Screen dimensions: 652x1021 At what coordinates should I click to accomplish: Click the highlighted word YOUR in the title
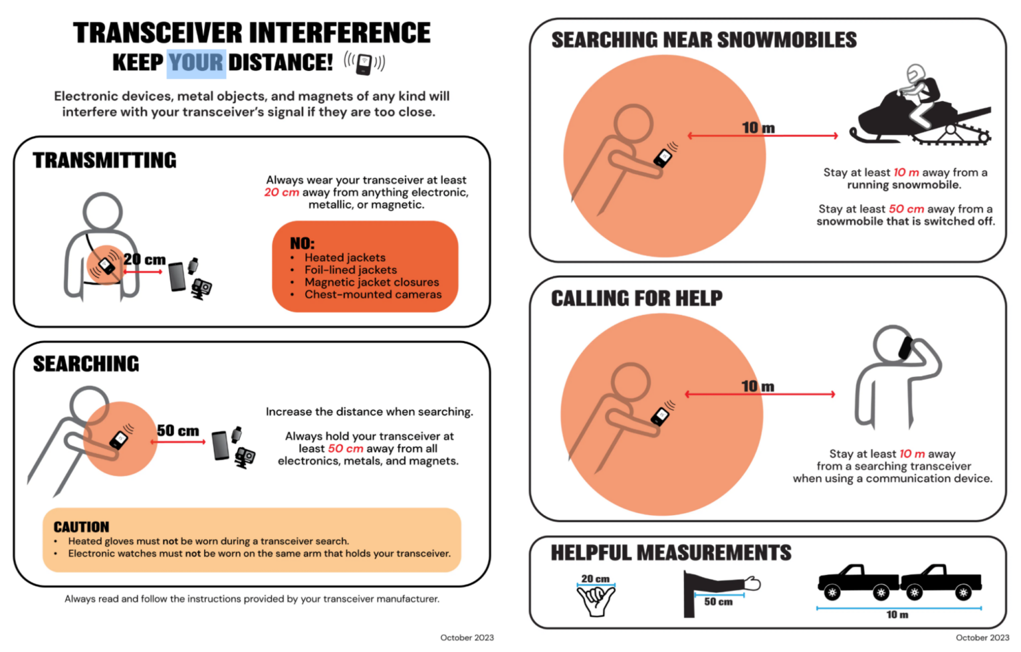(195, 63)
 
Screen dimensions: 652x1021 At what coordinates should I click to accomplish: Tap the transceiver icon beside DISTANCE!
(364, 64)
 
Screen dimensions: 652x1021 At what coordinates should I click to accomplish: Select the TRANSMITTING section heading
(105, 160)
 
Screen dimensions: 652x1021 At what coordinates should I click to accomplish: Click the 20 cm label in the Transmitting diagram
(144, 260)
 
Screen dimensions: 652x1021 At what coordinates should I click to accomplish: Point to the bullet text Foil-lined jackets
(350, 270)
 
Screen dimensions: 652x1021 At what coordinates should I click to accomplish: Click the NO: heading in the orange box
(302, 243)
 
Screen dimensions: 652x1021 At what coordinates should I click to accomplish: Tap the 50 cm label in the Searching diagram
(177, 431)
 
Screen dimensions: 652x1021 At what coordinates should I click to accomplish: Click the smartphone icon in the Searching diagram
(221, 445)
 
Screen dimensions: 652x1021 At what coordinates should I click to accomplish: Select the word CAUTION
(81, 527)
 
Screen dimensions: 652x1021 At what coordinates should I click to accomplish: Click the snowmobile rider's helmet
(916, 74)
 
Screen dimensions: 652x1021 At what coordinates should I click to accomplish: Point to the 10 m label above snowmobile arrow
(758, 128)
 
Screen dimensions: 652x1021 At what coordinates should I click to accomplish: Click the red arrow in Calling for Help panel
(760, 395)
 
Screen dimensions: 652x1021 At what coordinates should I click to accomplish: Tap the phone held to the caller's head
(905, 348)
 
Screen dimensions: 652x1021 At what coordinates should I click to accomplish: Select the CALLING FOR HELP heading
(636, 298)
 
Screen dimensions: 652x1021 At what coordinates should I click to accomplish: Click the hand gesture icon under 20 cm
(596, 601)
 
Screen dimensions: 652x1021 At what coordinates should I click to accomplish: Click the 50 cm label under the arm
(718, 601)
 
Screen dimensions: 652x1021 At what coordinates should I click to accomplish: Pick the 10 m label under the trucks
(897, 615)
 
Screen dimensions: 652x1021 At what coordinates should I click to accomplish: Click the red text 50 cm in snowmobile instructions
(906, 209)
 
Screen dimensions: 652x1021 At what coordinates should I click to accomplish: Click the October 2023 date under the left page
(467, 637)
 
